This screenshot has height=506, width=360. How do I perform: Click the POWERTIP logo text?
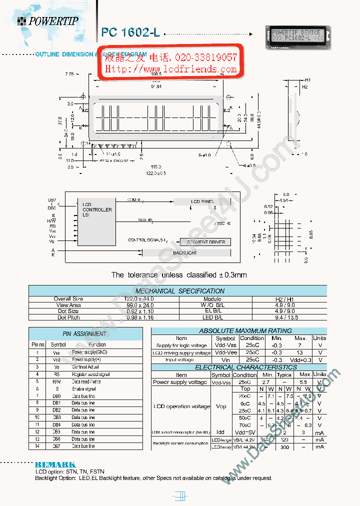[x=53, y=21]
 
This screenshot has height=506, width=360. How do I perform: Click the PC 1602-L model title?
[x=130, y=32]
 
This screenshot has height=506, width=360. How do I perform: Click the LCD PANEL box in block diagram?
[x=202, y=201]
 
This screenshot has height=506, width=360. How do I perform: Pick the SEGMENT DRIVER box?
[x=205, y=242]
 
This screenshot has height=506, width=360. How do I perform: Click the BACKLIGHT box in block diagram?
[x=184, y=253]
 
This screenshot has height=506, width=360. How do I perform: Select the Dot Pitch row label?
[x=68, y=317]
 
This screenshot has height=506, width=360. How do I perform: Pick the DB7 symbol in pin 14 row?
[x=56, y=446]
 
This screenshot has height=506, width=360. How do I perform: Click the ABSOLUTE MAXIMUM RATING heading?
[x=245, y=331]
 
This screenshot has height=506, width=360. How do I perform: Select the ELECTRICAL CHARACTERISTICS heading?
[x=245, y=367]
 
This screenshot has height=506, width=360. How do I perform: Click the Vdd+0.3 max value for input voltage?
[x=300, y=360]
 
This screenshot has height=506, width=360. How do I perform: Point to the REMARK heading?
[x=55, y=464]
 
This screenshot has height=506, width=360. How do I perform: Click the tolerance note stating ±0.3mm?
[x=178, y=275]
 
